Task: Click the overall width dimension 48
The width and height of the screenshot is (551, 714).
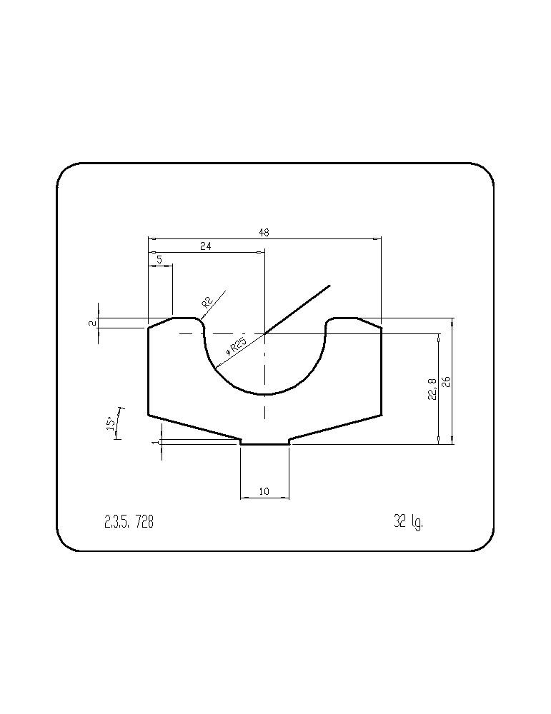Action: pos(264,233)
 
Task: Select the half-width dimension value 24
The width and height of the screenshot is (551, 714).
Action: pos(206,246)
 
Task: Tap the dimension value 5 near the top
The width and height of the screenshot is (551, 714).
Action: pos(159,260)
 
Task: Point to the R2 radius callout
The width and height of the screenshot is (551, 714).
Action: pos(207,302)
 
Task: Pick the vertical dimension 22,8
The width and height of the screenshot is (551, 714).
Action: pos(432,389)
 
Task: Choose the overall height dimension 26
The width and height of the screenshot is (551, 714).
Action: pos(446,381)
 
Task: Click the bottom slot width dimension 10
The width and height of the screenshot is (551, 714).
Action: pos(264,491)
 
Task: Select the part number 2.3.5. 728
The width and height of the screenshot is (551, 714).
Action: pos(129,521)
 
